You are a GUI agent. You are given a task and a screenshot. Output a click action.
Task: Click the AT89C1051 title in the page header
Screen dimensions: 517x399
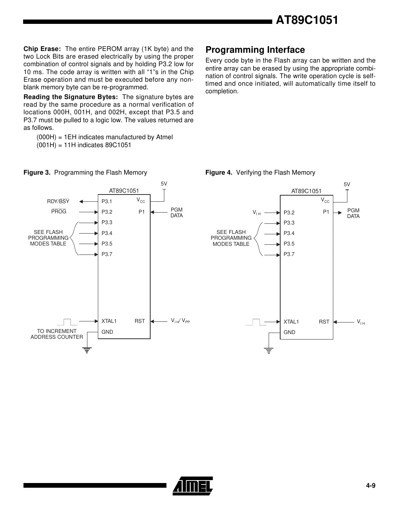click(x=307, y=20)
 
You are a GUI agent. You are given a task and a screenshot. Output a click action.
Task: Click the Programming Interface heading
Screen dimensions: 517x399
click(x=255, y=50)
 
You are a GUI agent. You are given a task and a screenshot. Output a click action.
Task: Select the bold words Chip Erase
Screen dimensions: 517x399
click(x=42, y=49)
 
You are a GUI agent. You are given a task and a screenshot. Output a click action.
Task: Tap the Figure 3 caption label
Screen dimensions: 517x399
click(x=37, y=172)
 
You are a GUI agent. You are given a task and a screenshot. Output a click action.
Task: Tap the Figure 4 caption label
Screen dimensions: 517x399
click(x=219, y=172)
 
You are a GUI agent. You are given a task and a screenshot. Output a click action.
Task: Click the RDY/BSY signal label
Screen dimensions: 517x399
click(x=58, y=201)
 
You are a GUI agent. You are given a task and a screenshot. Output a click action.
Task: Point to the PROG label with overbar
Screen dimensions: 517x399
click(x=59, y=212)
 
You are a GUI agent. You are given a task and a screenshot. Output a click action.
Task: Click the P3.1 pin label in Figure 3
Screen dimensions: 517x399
click(x=107, y=201)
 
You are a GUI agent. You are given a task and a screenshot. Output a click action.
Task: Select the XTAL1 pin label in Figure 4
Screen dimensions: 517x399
click(x=291, y=322)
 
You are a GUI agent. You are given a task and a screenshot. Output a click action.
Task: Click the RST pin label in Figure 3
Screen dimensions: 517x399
click(x=140, y=321)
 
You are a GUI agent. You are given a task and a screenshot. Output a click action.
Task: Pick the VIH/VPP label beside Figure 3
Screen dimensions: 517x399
click(x=180, y=321)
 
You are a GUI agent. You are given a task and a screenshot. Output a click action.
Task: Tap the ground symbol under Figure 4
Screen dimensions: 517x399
click(x=269, y=350)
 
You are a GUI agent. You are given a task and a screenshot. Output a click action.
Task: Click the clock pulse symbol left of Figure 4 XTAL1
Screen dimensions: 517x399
click(x=256, y=322)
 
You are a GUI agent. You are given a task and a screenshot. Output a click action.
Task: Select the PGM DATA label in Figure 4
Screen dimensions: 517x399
click(x=353, y=213)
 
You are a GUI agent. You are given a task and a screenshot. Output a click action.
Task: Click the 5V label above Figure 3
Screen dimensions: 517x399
click(x=164, y=184)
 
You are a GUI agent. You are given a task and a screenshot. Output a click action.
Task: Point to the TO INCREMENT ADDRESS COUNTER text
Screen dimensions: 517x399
click(x=57, y=334)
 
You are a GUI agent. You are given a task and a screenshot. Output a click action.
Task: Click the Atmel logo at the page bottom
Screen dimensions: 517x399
click(x=192, y=486)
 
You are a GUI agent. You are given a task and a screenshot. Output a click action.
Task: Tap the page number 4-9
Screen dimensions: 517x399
click(x=371, y=486)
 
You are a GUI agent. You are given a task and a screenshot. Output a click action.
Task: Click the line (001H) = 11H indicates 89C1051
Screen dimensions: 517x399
click(x=84, y=145)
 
